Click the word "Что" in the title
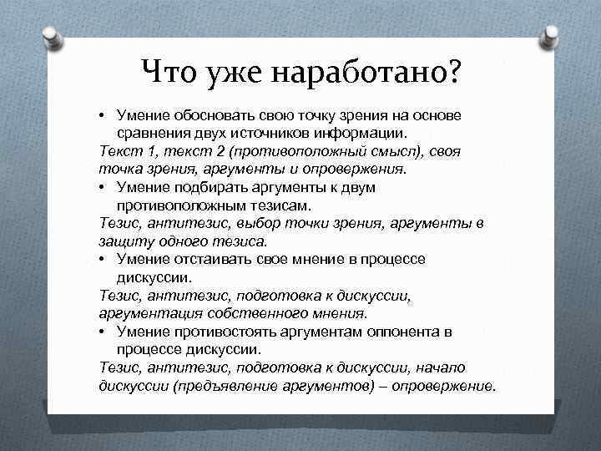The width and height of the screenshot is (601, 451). (169, 73)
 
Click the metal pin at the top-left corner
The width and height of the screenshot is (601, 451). (51, 36)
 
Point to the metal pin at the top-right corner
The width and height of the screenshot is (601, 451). (551, 36)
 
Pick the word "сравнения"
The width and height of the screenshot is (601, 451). (154, 133)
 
